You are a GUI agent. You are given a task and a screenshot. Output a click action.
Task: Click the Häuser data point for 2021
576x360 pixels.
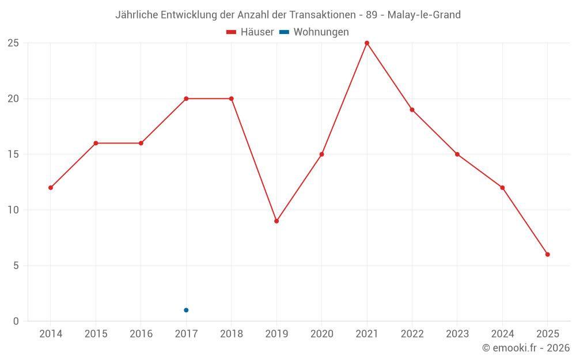point(367,43)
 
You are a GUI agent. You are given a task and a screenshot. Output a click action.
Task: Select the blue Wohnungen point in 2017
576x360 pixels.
point(186,310)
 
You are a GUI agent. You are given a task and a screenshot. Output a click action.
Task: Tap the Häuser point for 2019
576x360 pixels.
point(276,221)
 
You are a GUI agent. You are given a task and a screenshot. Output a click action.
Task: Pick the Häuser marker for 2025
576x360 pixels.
point(548,255)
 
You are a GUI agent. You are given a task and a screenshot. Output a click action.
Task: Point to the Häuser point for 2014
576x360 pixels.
point(51,188)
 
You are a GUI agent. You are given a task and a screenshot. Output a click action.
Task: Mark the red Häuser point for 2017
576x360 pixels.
point(186,98)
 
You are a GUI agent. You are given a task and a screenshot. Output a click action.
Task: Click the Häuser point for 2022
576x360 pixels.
point(412,109)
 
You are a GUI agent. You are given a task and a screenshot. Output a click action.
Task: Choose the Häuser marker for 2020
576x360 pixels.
point(321,154)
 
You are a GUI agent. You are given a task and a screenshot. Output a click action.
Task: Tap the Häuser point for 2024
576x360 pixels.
point(502,188)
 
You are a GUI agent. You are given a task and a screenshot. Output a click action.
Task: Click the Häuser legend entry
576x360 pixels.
point(250,32)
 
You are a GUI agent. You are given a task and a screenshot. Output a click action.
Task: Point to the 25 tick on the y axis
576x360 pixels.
point(13,43)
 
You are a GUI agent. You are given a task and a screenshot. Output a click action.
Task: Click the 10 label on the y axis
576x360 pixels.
point(13,210)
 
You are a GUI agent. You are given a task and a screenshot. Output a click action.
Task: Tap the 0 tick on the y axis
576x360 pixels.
point(16,321)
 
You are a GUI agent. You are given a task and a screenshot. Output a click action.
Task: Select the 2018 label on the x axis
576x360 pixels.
point(231,334)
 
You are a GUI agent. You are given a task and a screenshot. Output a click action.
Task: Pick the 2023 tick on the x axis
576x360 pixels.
point(457,334)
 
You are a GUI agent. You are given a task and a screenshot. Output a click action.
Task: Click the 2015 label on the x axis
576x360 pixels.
point(96,334)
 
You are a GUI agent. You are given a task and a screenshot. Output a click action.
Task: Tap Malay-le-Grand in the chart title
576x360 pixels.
point(424,15)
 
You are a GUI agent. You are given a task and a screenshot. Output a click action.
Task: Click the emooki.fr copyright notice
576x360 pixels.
point(526,348)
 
